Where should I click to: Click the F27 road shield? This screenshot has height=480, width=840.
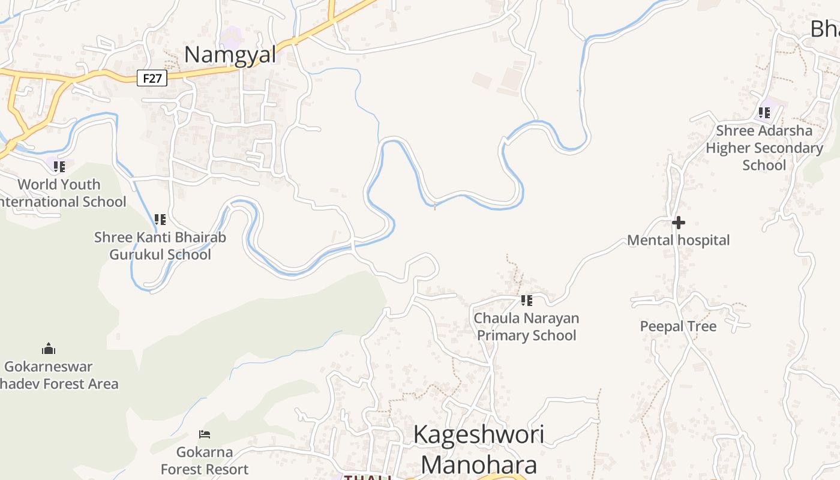tap(152, 78)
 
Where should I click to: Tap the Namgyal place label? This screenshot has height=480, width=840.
tap(230, 55)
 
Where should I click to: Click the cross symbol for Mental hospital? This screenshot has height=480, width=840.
tap(679, 223)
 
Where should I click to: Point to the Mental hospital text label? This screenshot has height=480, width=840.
tap(679, 241)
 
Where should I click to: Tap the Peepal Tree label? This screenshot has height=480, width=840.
tap(678, 326)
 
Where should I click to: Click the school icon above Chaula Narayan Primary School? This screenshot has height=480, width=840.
tap(526, 300)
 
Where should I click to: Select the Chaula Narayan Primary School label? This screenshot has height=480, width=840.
tap(526, 326)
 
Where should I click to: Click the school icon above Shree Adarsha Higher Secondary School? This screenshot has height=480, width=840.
tap(764, 112)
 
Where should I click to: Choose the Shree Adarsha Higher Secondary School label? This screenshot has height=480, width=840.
tap(764, 148)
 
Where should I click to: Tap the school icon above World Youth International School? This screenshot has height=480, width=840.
tap(59, 166)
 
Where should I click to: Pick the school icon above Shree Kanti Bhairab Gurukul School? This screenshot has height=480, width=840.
tap(160, 219)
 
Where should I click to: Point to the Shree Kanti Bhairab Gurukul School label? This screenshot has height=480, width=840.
tap(160, 246)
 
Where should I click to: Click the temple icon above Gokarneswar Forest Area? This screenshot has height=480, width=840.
tap(49, 348)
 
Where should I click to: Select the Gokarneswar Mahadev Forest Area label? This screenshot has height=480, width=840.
tap(54, 375)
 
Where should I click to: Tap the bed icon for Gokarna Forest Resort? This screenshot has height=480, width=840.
tap(205, 434)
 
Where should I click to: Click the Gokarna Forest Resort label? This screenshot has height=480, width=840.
tap(205, 460)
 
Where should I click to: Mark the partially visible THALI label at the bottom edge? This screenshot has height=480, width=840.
tap(367, 477)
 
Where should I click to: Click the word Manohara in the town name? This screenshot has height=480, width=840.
tap(478, 465)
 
